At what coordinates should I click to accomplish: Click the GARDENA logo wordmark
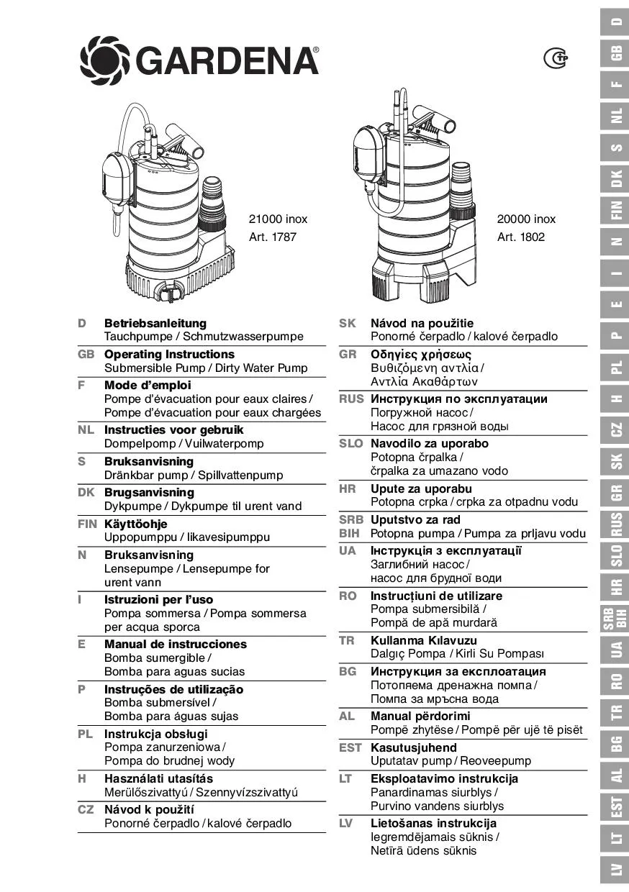pos(227,60)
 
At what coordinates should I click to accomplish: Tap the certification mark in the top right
pos(555,58)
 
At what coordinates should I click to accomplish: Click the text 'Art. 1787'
pos(273,237)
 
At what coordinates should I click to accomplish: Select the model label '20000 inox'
pos(526,219)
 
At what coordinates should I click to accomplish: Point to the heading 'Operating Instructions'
pos(169,354)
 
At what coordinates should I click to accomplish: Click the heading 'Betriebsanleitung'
pos(155,323)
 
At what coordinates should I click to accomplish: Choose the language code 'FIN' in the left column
pos(87,524)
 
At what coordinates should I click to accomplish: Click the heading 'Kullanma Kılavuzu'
pos(424,640)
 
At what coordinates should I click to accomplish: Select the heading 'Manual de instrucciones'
pos(176,644)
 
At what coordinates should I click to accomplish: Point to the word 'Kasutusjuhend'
pos(414,747)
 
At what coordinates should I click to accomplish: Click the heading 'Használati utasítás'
pos(158,778)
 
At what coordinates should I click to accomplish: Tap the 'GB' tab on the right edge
pos(616,53)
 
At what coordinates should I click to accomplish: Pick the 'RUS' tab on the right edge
pos(616,524)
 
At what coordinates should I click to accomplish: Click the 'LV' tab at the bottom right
pos(616,870)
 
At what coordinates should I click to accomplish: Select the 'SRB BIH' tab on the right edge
pos(616,618)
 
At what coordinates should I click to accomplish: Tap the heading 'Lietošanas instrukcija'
pos(433,823)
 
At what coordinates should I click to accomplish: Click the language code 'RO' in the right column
pos(348,596)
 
